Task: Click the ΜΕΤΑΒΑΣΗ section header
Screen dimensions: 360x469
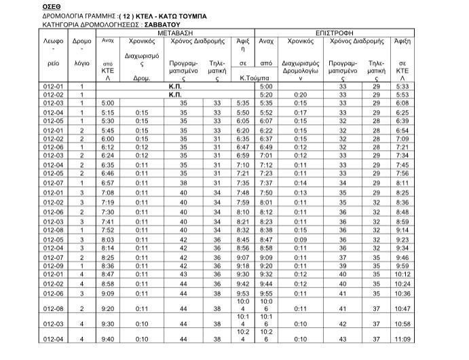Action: coord(179,32)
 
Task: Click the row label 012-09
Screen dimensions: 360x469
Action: coord(53,266)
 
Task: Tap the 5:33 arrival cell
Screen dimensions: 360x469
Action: coord(402,87)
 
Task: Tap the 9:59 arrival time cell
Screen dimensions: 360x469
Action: coord(402,266)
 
